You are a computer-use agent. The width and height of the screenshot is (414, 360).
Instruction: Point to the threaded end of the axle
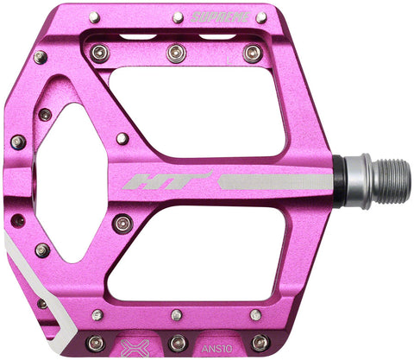tap(393, 180)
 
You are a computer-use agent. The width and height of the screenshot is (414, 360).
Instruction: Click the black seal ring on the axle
tap(341, 180)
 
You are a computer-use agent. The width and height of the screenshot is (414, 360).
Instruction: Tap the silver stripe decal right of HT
tap(274, 181)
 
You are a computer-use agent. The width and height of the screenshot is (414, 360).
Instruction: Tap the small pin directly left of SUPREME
tap(177, 16)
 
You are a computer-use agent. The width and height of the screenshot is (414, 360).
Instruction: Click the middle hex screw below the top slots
tap(176, 53)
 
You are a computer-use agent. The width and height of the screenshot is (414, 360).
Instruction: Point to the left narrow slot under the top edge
tap(138, 38)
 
